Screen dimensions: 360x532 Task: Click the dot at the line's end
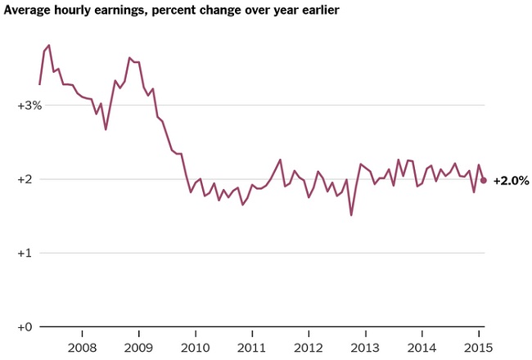click(484, 180)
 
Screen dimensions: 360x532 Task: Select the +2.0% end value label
click(511, 180)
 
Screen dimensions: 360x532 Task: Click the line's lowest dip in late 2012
click(351, 215)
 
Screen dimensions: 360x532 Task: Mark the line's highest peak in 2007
click(49, 45)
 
